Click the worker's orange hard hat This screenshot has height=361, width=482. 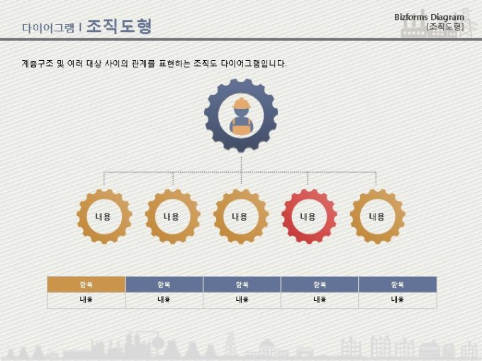(x=241, y=104)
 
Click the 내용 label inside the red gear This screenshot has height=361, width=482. (x=308, y=217)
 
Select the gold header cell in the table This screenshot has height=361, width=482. (x=86, y=284)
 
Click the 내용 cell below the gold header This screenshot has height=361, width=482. (x=86, y=299)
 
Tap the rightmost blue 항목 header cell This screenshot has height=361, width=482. (x=397, y=284)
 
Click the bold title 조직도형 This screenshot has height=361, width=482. (x=118, y=27)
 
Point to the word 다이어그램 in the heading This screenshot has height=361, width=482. (x=47, y=28)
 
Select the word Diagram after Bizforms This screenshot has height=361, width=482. (x=447, y=17)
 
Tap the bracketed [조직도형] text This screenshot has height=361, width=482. (x=445, y=27)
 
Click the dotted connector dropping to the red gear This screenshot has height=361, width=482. (x=308, y=179)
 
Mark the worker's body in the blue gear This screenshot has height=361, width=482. (x=241, y=125)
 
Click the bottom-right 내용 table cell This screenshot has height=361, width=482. (x=397, y=299)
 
